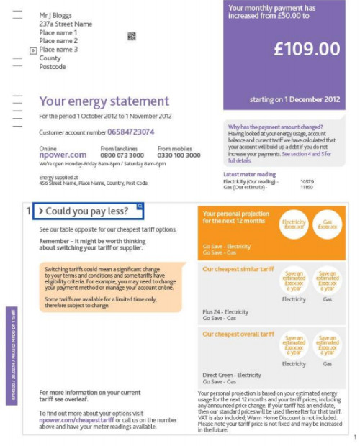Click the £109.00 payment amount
(x=307, y=49)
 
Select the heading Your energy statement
(x=104, y=101)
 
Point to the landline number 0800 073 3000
(x=122, y=155)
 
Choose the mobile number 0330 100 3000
(x=179, y=155)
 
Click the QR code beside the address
(x=132, y=36)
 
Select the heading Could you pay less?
(x=88, y=211)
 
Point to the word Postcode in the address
(x=52, y=67)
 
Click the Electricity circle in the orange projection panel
(x=294, y=224)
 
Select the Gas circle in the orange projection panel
(x=327, y=224)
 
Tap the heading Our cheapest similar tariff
(x=238, y=270)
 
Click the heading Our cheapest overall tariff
(x=238, y=334)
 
